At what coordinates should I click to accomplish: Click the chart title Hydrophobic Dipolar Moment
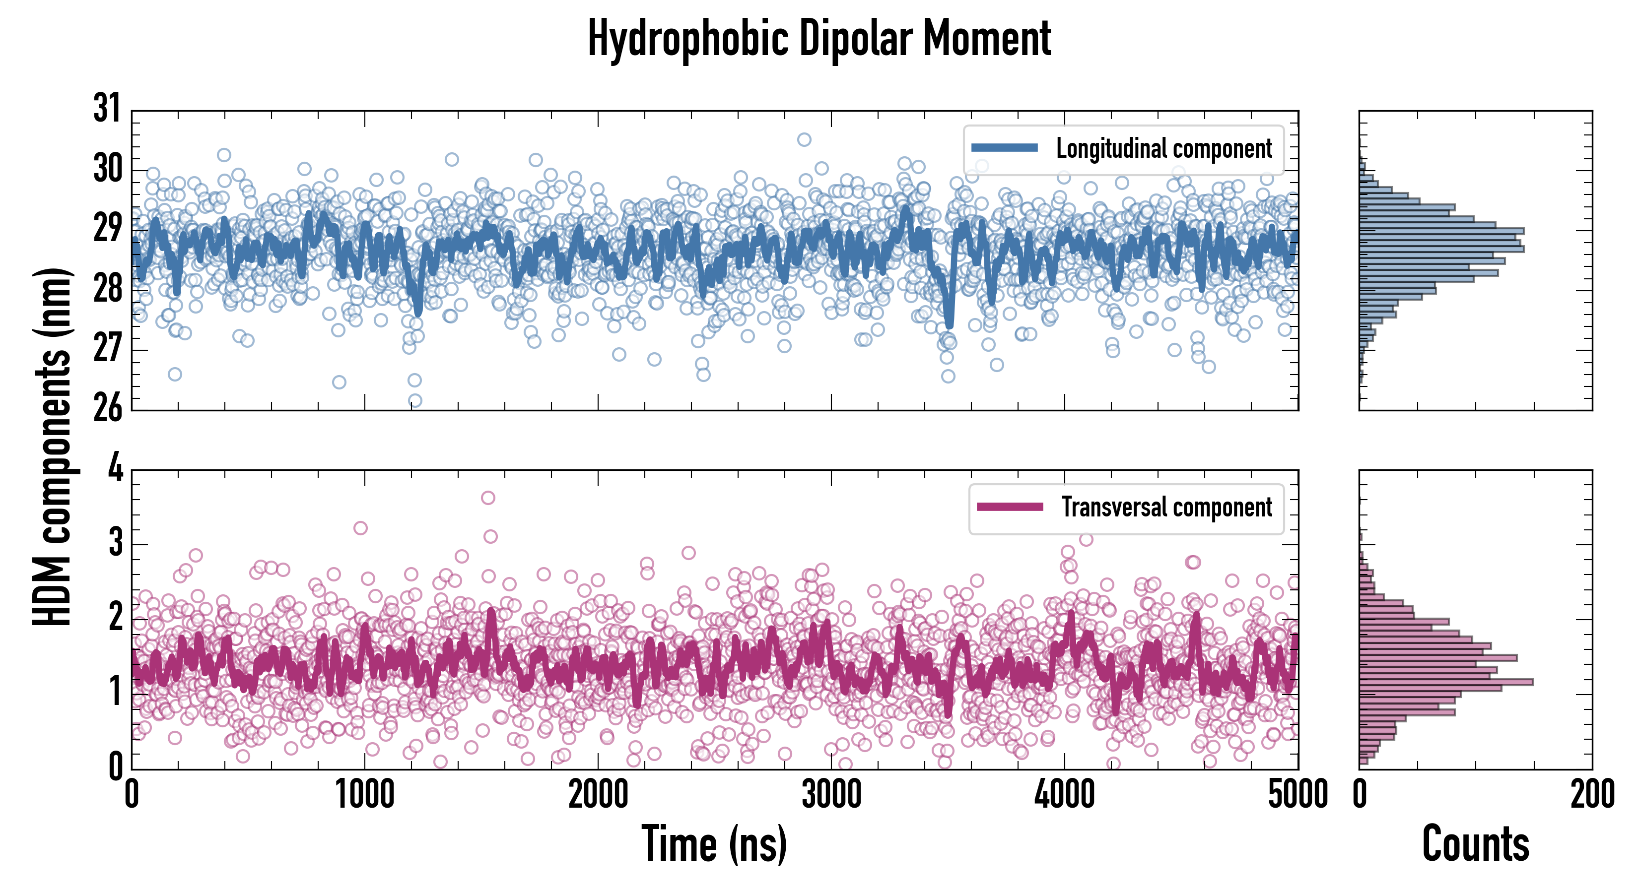pyautogui.click(x=819, y=39)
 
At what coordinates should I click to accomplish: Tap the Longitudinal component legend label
pyautogui.click(x=1163, y=149)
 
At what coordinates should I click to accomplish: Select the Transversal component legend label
pyautogui.click(x=1167, y=507)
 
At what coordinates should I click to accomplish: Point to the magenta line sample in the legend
pyautogui.click(x=1010, y=507)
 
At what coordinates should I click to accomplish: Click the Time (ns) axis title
pyautogui.click(x=714, y=844)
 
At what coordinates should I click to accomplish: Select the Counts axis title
pyautogui.click(x=1475, y=844)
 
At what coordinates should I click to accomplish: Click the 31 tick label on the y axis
pyautogui.click(x=107, y=108)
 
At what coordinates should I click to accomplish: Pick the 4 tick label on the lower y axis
pyautogui.click(x=115, y=468)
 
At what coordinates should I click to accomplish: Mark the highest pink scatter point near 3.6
pyautogui.click(x=488, y=498)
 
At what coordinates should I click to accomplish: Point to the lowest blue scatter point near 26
pyautogui.click(x=414, y=400)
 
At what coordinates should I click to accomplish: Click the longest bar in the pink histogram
pyautogui.click(x=1446, y=682)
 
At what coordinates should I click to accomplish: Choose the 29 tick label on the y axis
pyautogui.click(x=107, y=229)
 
